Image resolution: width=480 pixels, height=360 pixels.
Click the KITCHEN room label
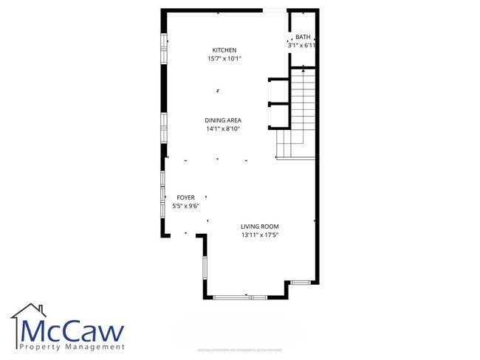click(224, 50)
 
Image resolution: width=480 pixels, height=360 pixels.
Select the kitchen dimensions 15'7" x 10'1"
click(224, 59)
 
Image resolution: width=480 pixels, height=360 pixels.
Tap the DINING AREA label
click(224, 120)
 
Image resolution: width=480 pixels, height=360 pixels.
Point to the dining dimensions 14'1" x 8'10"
click(224, 129)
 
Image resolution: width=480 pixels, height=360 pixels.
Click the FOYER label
click(185, 198)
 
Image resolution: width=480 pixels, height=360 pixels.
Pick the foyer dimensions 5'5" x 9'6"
click(185, 207)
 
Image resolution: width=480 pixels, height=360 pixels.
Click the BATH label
click(303, 37)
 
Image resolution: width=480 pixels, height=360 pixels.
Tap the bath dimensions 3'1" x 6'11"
click(302, 46)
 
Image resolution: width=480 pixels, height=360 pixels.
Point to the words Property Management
click(72, 347)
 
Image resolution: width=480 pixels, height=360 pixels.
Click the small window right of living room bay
click(301, 283)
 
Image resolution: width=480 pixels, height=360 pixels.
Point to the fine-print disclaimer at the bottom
click(240, 350)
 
